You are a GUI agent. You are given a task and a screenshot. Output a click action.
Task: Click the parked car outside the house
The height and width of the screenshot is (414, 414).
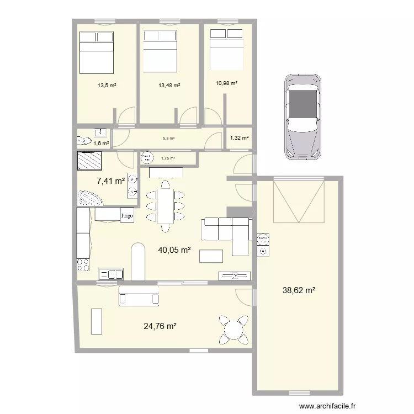[302, 117]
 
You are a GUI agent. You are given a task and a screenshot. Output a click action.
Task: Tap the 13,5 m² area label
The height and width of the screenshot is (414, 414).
[107, 85]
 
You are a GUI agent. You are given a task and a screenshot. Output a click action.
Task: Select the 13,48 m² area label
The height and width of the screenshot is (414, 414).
[169, 85]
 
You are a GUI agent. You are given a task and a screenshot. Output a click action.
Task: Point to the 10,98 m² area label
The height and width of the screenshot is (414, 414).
[226, 83]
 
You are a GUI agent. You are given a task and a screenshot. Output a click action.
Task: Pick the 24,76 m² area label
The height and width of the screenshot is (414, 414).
[160, 326]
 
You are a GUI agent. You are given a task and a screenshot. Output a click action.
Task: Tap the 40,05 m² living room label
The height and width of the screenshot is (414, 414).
[174, 250]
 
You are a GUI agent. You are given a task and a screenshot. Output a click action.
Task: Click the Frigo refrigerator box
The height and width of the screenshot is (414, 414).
[127, 214]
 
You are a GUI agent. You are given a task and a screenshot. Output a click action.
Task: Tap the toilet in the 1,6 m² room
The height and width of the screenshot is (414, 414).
[84, 140]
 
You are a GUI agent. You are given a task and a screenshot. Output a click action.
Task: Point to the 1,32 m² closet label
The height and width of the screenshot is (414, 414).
[239, 138]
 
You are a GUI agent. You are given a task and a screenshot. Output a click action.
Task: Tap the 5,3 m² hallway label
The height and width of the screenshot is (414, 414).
[169, 139]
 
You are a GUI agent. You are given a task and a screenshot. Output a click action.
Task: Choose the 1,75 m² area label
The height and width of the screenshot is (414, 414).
[168, 158]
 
